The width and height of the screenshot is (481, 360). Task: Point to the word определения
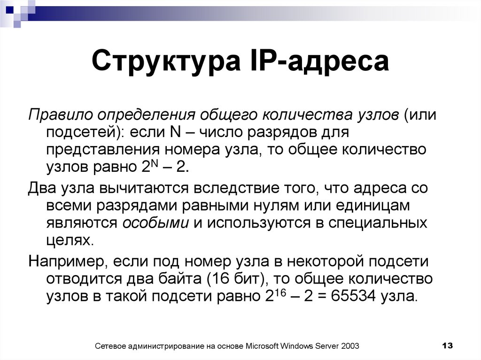143,115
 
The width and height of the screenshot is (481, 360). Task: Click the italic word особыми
155,223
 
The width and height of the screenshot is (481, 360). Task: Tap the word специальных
378,223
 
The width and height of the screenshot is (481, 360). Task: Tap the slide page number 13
447,346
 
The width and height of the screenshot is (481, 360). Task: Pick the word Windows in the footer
298,346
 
